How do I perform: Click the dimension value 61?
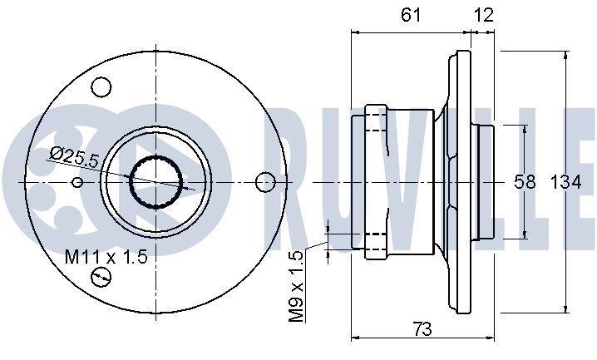point(412,15)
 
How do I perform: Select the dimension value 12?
point(484,15)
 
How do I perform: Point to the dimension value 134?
point(566,182)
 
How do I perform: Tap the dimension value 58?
point(525,182)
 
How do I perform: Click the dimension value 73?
point(422,328)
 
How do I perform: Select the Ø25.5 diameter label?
point(75,156)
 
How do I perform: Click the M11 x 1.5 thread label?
point(106,257)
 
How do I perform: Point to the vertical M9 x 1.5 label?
point(297,286)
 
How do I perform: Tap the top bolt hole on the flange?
point(101,86)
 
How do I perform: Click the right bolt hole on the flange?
point(265,182)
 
